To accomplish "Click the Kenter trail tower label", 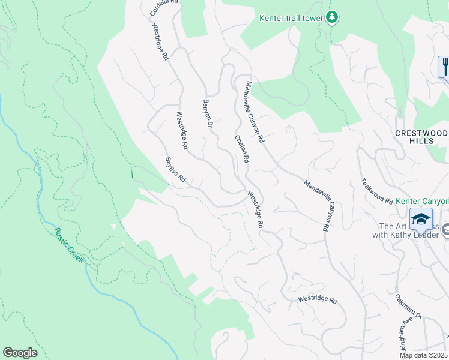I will (x=291, y=18).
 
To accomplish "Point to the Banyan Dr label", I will (x=208, y=113).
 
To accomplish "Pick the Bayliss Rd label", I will (x=176, y=170).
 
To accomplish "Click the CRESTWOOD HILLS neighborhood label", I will (x=422, y=136).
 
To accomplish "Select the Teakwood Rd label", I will (x=376, y=191).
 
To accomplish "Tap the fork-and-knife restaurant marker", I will (x=445, y=66).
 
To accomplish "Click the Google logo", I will (x=20, y=353).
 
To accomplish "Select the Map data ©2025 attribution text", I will (x=424, y=355).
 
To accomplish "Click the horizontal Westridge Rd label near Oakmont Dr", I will (x=318, y=300).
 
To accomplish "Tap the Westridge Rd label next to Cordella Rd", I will (x=160, y=43).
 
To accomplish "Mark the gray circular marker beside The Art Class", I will (x=444, y=228).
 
